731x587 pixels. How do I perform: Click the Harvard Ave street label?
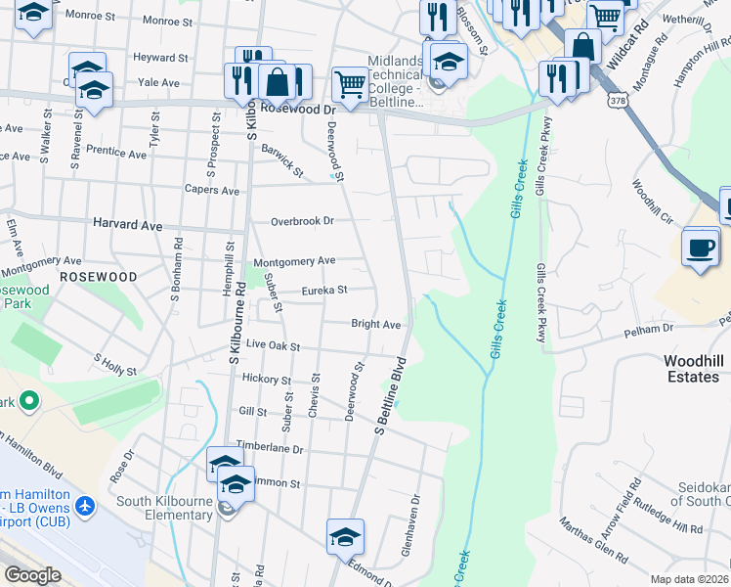click(127, 225)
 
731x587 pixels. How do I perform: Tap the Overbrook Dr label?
click(302, 221)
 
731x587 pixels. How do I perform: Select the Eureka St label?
click(324, 290)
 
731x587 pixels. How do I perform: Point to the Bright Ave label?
click(376, 324)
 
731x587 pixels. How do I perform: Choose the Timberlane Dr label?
click(270, 448)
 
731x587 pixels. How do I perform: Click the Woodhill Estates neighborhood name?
click(694, 369)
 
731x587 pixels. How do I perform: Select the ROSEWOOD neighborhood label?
click(98, 277)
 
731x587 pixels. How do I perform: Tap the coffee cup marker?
click(701, 248)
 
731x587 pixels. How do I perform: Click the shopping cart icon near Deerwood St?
click(350, 83)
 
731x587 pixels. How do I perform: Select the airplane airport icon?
click(86, 507)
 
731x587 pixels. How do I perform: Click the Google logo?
click(32, 575)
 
